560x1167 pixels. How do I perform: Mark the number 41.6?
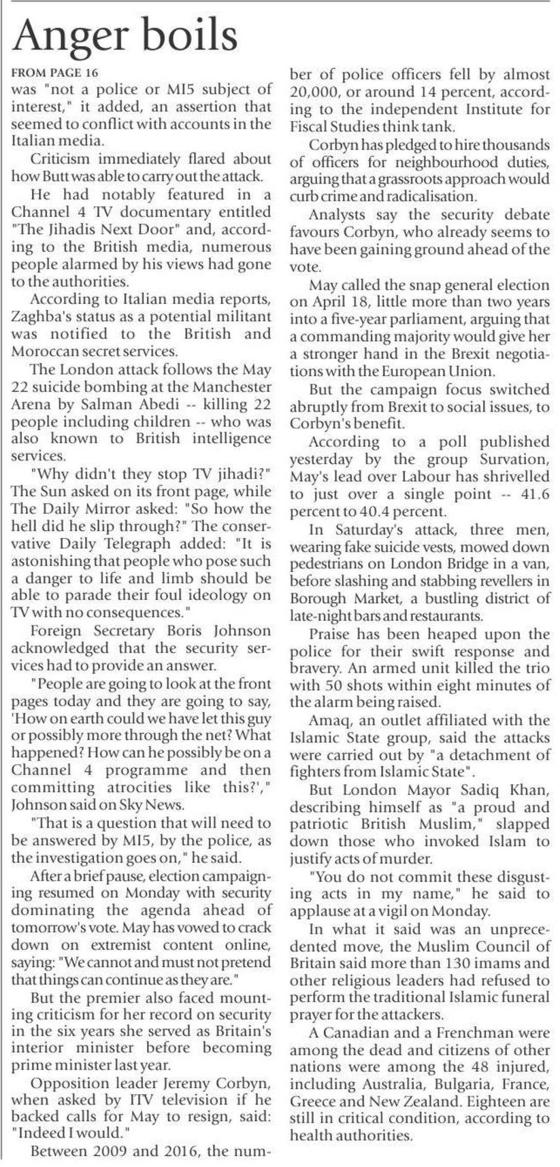click(x=532, y=493)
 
